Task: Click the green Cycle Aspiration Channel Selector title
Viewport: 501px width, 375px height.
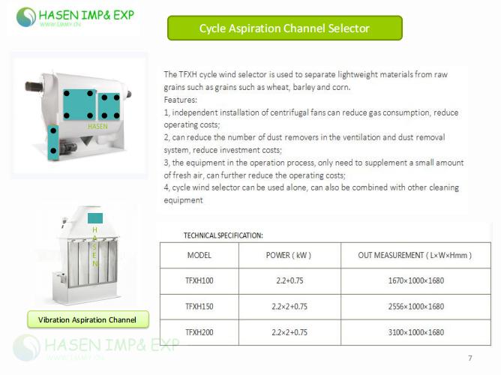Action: coord(284,28)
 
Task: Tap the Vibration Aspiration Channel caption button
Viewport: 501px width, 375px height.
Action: coord(88,319)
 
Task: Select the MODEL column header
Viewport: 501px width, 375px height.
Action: coord(199,256)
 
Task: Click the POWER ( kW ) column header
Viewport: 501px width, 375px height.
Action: coord(289,256)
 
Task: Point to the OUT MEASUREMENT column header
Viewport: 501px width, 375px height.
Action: coord(415,256)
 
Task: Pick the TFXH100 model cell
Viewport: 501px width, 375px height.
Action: coord(199,281)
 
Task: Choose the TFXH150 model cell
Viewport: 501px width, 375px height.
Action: coord(199,306)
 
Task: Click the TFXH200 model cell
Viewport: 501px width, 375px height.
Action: coord(199,331)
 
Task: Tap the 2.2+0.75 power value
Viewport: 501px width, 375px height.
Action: coord(289,281)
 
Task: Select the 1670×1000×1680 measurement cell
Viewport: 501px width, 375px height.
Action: coord(415,281)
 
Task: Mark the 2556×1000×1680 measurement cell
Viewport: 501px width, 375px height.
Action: coord(415,306)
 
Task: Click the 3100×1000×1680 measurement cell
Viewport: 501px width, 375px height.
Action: coord(415,331)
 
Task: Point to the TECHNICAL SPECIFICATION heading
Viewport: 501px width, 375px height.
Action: coord(223,235)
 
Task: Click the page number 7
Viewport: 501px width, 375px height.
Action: coord(470,357)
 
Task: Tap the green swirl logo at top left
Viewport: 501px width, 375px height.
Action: coord(26,16)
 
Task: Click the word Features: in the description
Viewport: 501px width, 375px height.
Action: coord(181,100)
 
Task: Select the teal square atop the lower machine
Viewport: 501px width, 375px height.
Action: coord(95,217)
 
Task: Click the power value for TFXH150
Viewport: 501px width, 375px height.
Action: coord(289,306)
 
